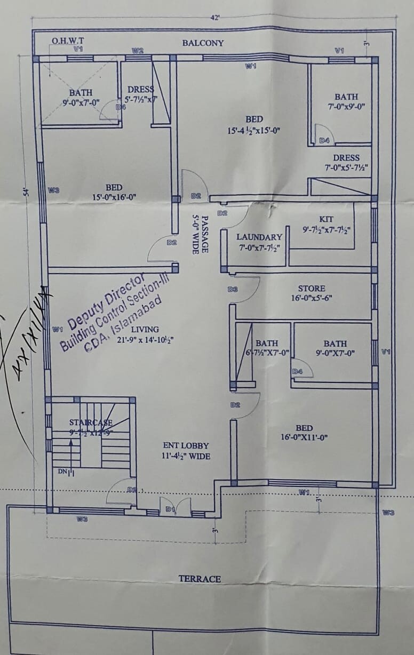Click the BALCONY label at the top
tap(203, 43)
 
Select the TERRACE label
tap(200, 579)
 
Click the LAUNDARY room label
tap(259, 237)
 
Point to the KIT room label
tap(326, 219)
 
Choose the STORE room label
tap(312, 289)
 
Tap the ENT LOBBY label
tap(186, 445)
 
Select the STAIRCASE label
tap(91, 423)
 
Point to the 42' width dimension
tap(216, 18)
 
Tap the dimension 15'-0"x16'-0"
tap(114, 197)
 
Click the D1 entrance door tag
tap(170, 510)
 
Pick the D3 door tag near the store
tap(232, 290)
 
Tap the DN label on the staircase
tap(62, 472)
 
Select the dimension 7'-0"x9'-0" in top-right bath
tap(346, 106)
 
